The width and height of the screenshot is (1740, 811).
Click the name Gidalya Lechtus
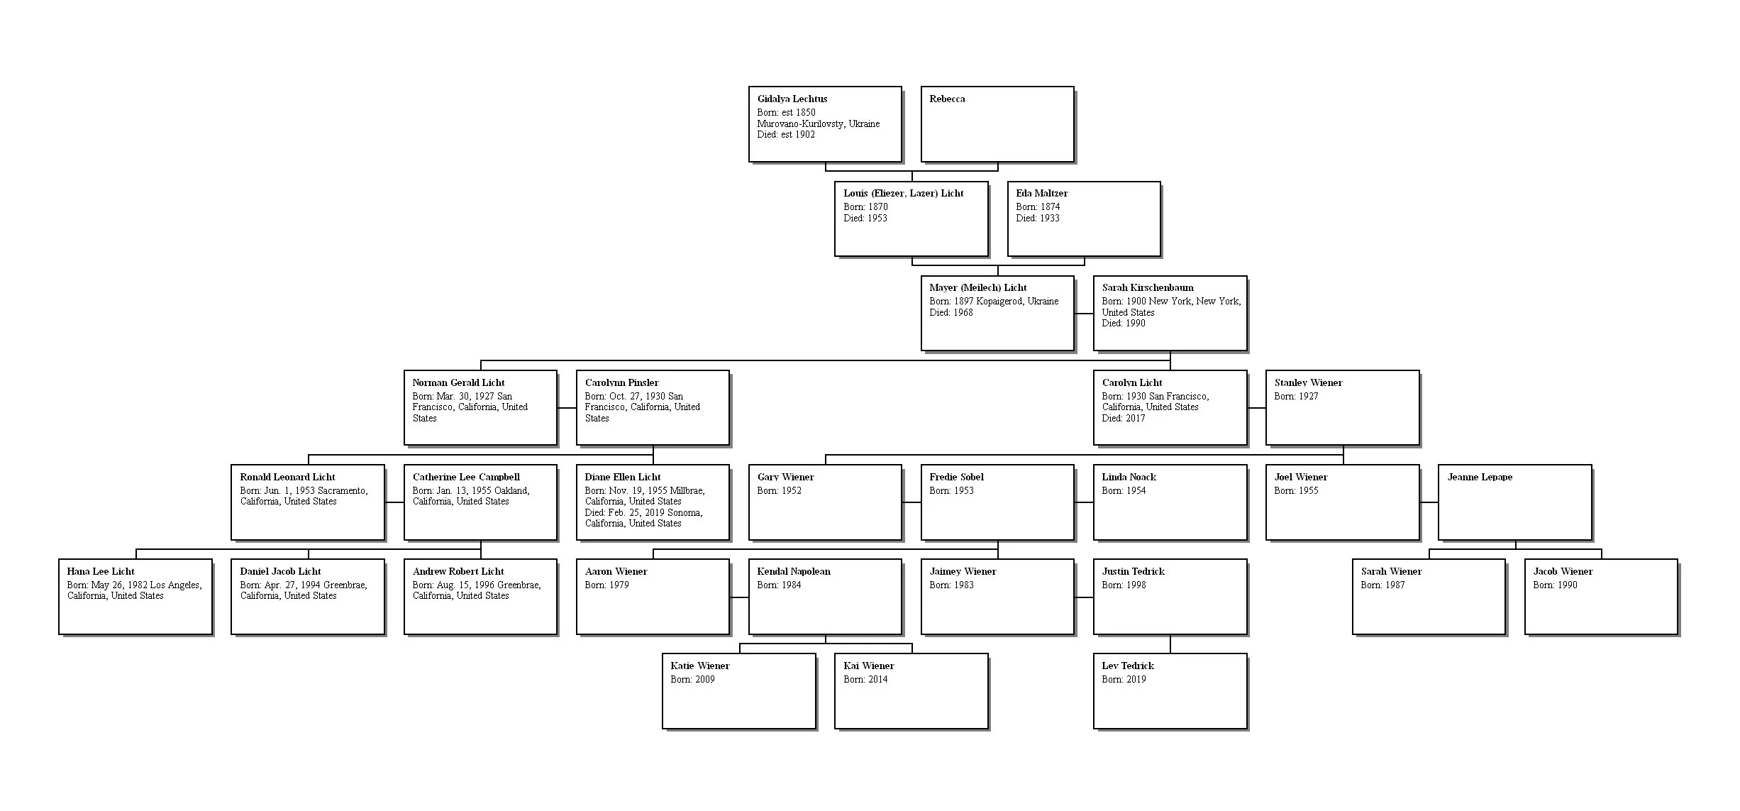[x=792, y=99]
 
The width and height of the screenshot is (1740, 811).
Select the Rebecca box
[x=997, y=124]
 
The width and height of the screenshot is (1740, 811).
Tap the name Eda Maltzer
[x=1041, y=193]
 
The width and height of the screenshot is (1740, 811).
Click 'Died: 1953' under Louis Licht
[x=865, y=218]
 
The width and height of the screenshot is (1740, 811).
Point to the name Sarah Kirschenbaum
[x=1147, y=287]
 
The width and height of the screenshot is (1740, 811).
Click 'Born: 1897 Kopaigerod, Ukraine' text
[x=993, y=301]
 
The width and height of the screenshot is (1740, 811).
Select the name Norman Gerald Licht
[x=458, y=382]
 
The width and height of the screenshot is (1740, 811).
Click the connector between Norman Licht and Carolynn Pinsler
[x=566, y=408]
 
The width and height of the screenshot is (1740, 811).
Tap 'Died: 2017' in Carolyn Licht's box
[x=1123, y=418]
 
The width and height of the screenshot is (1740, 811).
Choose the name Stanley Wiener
[x=1308, y=382]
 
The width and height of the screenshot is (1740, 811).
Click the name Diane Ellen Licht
[x=622, y=477]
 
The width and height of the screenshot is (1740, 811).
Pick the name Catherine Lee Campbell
[x=466, y=477]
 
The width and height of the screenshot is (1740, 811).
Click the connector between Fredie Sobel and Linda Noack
[x=1083, y=502]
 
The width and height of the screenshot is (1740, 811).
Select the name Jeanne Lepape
[x=1480, y=477]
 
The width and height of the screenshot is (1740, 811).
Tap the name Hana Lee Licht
[x=101, y=571]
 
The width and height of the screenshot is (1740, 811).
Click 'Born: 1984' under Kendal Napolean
[x=779, y=585]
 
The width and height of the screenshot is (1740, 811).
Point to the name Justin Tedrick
[x=1133, y=571]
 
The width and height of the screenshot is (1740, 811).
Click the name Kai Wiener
[x=868, y=666]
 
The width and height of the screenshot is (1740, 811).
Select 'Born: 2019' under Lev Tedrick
[x=1124, y=679]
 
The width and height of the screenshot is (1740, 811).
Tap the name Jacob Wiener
[x=1563, y=571]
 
